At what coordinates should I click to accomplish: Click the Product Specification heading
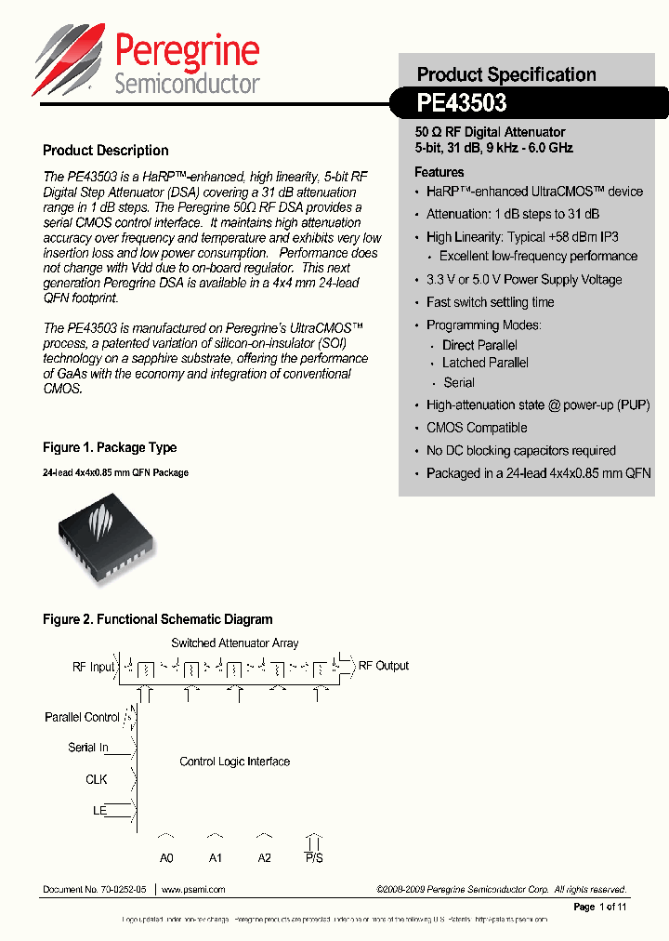point(506,74)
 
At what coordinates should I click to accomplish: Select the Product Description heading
point(106,151)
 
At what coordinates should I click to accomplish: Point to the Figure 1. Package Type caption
point(110,447)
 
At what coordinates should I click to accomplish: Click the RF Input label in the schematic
point(94,667)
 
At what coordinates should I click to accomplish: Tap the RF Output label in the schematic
point(384,666)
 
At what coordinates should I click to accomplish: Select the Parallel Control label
point(82,718)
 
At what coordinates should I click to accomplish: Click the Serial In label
point(88,748)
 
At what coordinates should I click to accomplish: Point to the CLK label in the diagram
point(97,779)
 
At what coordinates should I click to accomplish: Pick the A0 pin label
point(166,857)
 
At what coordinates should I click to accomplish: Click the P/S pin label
point(314,857)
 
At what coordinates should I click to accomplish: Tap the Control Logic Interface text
point(234,762)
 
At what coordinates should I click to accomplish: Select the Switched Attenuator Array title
point(235,643)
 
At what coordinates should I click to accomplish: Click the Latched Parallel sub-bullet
point(485,363)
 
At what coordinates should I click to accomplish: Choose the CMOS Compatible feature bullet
point(477,428)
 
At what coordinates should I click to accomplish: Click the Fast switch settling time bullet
point(490,302)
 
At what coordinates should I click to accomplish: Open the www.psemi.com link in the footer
point(193,890)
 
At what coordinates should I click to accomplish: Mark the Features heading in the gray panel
point(439,172)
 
